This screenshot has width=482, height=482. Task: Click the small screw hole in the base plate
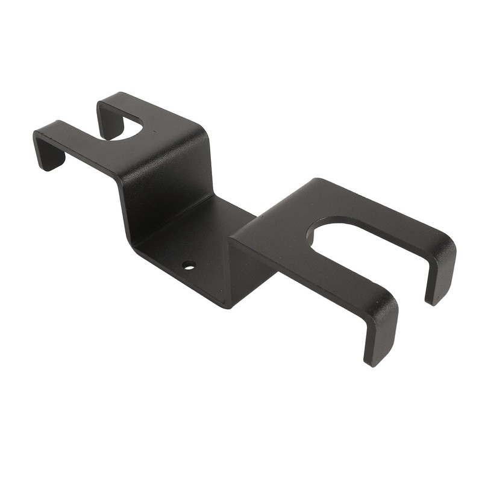(189, 264)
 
